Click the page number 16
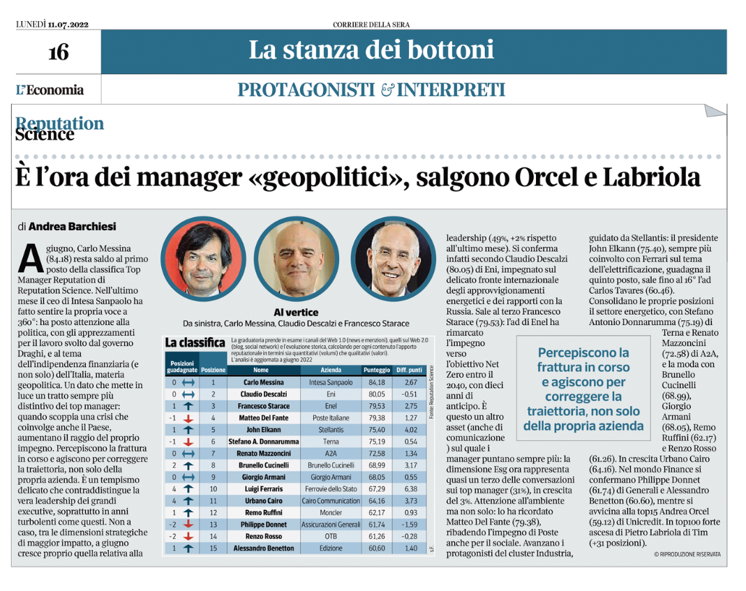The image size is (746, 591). (58, 52)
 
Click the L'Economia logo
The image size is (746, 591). (50, 90)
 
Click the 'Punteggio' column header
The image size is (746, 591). (376, 370)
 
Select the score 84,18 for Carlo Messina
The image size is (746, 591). (376, 383)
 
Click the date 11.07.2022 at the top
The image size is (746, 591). (69, 25)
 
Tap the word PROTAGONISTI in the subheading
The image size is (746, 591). (307, 90)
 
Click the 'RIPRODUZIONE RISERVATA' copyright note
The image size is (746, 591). (691, 554)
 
